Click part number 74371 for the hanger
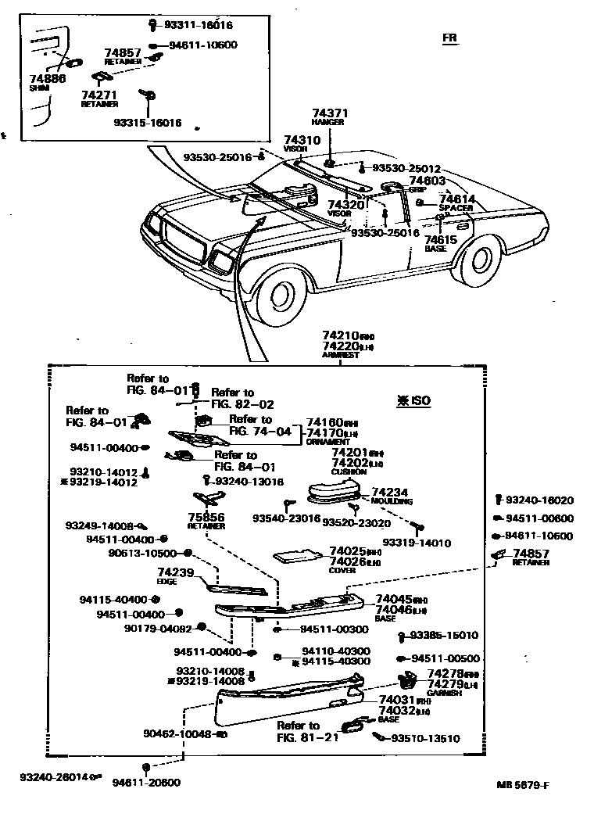(328, 113)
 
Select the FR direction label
(449, 38)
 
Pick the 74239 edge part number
(175, 572)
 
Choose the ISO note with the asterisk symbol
(413, 400)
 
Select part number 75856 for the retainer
(206, 517)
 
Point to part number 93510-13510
(425, 738)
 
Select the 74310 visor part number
(302, 140)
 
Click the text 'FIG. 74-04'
(260, 431)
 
